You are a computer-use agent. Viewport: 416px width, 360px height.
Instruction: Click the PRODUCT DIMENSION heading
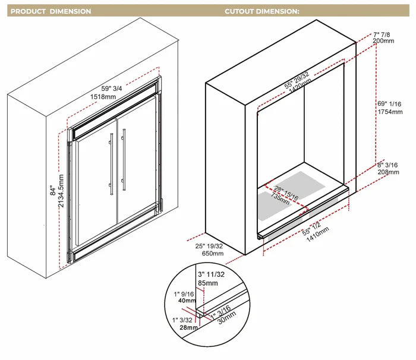coord(51,11)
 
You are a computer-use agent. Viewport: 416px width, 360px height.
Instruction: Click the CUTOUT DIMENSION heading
coord(261,11)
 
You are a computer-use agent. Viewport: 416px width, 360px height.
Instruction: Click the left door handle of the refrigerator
coord(111,163)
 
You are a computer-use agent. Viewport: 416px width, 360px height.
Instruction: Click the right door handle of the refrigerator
coord(124,159)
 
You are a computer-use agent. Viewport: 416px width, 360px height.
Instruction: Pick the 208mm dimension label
coord(388,172)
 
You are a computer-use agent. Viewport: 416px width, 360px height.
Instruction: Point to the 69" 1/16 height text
coord(390,103)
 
